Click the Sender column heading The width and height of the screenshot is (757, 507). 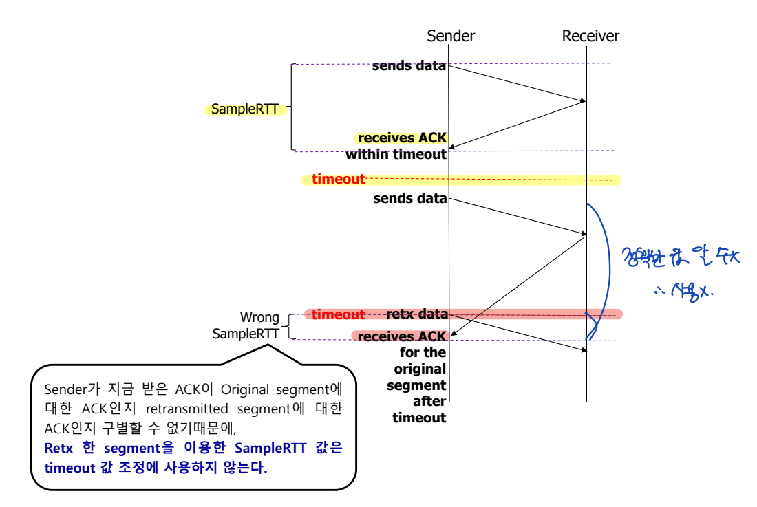coord(450,36)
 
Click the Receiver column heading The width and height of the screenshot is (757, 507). coord(590,36)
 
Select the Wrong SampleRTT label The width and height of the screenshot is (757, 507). coord(245,325)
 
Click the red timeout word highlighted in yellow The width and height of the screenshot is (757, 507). coord(339,180)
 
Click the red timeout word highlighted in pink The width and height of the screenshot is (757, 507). coord(338,314)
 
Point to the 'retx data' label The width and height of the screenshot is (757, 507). coord(418,314)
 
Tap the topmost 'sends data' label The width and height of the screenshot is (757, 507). coord(409,66)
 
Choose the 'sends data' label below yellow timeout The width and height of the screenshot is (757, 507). coord(409,199)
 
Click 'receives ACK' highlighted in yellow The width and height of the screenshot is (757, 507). coord(403,139)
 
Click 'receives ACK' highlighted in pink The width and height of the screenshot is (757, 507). coord(402,336)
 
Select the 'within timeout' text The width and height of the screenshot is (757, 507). coord(396,154)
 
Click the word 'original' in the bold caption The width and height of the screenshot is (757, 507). coord(420,369)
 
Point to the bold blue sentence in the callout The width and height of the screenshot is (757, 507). coord(193,457)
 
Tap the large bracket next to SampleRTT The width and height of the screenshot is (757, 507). coord(292,107)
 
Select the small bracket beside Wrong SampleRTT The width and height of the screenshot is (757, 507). coord(289,326)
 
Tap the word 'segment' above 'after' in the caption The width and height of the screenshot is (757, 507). coord(416,385)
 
